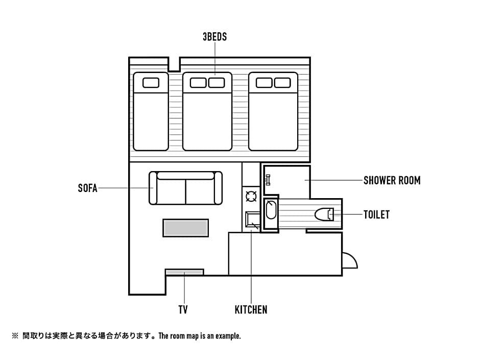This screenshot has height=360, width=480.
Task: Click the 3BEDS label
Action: [x=214, y=37]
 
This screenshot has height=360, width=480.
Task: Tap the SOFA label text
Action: [x=87, y=188]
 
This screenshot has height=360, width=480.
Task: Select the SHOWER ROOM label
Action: [x=392, y=180]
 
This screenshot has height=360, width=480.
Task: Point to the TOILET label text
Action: [x=376, y=214]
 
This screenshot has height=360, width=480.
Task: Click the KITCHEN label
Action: [x=251, y=309]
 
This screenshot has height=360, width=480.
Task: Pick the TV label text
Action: [x=184, y=309]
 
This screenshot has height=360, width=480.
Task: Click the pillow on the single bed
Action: [x=151, y=82]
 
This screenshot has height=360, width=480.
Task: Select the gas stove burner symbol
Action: [x=251, y=196]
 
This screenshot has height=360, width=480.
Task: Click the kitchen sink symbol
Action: [x=252, y=220]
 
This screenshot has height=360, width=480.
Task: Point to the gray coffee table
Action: [x=185, y=228]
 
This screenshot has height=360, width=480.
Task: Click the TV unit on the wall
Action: [x=184, y=272]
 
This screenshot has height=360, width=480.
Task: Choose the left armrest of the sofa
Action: [x=153, y=188]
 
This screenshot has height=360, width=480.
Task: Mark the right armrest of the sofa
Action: [x=218, y=188]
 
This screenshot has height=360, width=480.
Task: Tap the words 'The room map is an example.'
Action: [x=200, y=336]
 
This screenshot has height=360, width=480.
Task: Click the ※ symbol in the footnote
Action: [x=15, y=336]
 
